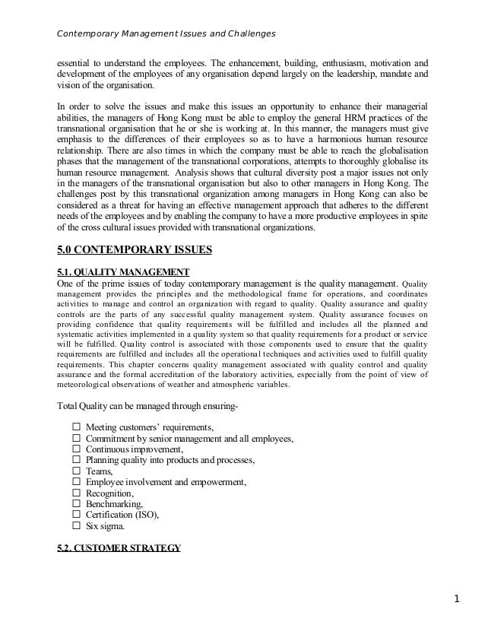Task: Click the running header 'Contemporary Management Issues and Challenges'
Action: (x=166, y=34)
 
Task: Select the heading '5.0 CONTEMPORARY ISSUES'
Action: (x=136, y=249)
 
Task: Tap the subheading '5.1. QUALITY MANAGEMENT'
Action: (x=124, y=273)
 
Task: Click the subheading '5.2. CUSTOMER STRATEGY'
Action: (x=119, y=546)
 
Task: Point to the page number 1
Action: (x=457, y=598)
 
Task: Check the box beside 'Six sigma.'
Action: (x=76, y=525)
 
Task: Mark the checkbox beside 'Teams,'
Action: (x=76, y=471)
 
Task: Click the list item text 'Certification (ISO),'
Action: (x=122, y=514)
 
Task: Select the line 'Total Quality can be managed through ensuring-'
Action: (x=147, y=405)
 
